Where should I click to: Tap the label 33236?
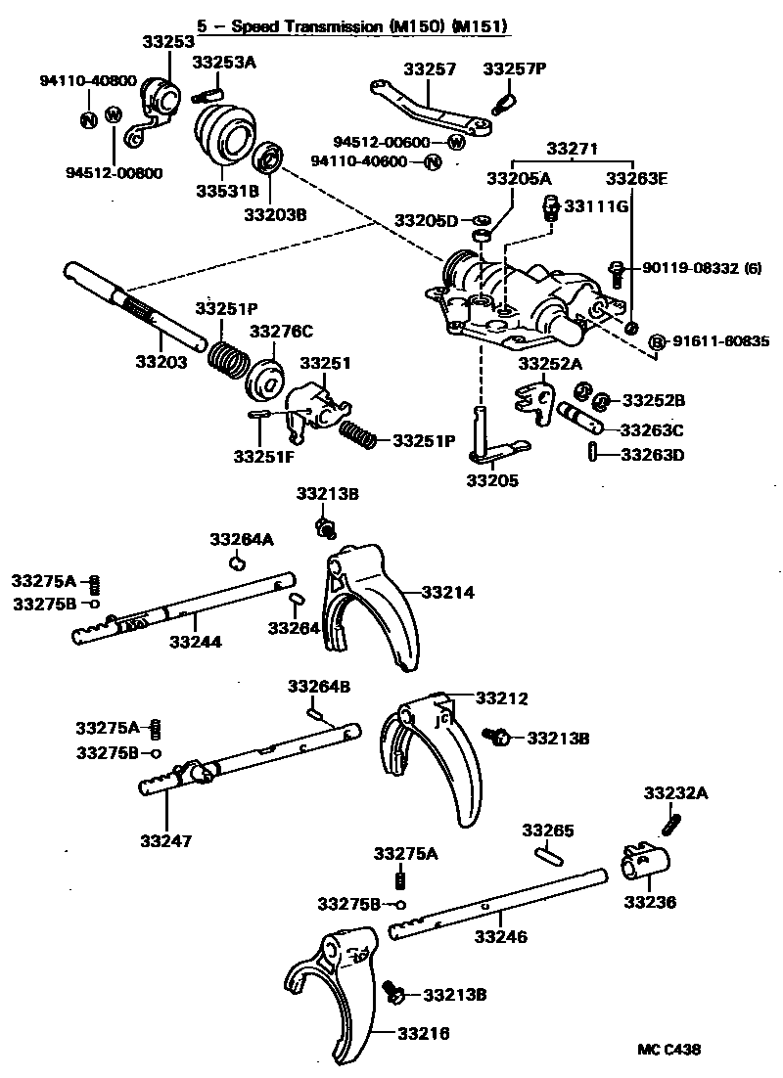(650, 902)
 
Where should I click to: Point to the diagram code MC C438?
(669, 1050)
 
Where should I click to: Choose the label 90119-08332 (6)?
(702, 268)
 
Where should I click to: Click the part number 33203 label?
(161, 362)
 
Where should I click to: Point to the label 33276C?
(280, 331)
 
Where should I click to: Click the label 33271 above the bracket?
(573, 148)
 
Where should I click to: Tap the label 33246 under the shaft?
(501, 936)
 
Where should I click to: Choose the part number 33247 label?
(166, 840)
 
